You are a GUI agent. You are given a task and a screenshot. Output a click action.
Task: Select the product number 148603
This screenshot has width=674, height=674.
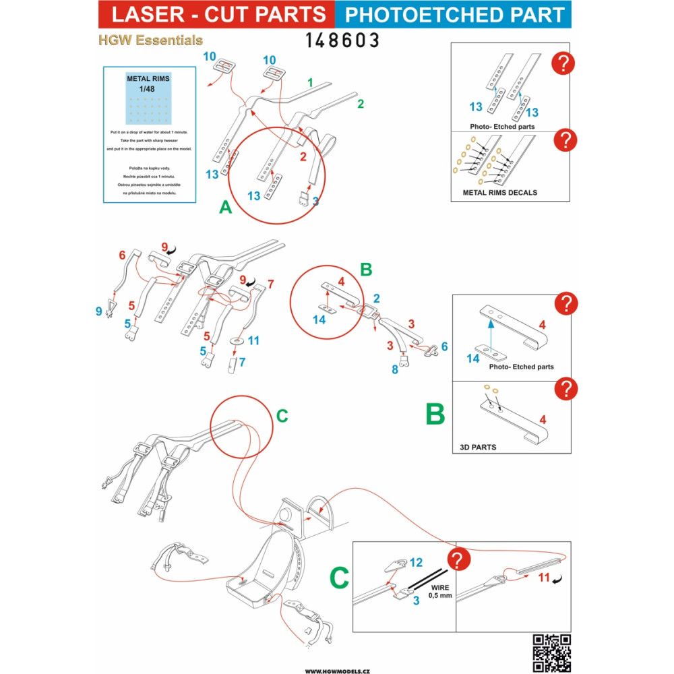[342, 40]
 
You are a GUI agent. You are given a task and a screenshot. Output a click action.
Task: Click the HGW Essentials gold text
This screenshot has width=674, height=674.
[150, 40]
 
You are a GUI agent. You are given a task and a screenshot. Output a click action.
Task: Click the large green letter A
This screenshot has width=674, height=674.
[226, 208]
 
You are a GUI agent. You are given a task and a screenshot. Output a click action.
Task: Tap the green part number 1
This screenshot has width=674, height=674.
[310, 83]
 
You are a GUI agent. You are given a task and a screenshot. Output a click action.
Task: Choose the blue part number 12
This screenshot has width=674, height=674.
[415, 562]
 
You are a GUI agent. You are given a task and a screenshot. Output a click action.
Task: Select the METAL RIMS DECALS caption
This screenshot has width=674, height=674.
[499, 192]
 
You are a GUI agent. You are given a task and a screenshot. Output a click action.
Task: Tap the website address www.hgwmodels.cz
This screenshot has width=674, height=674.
[337, 671]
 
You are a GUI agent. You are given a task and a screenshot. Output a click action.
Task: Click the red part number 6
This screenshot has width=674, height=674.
[122, 255]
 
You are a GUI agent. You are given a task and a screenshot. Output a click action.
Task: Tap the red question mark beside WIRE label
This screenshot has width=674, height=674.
[459, 561]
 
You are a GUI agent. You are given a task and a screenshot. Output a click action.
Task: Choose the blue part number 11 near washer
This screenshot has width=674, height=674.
[253, 341]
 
